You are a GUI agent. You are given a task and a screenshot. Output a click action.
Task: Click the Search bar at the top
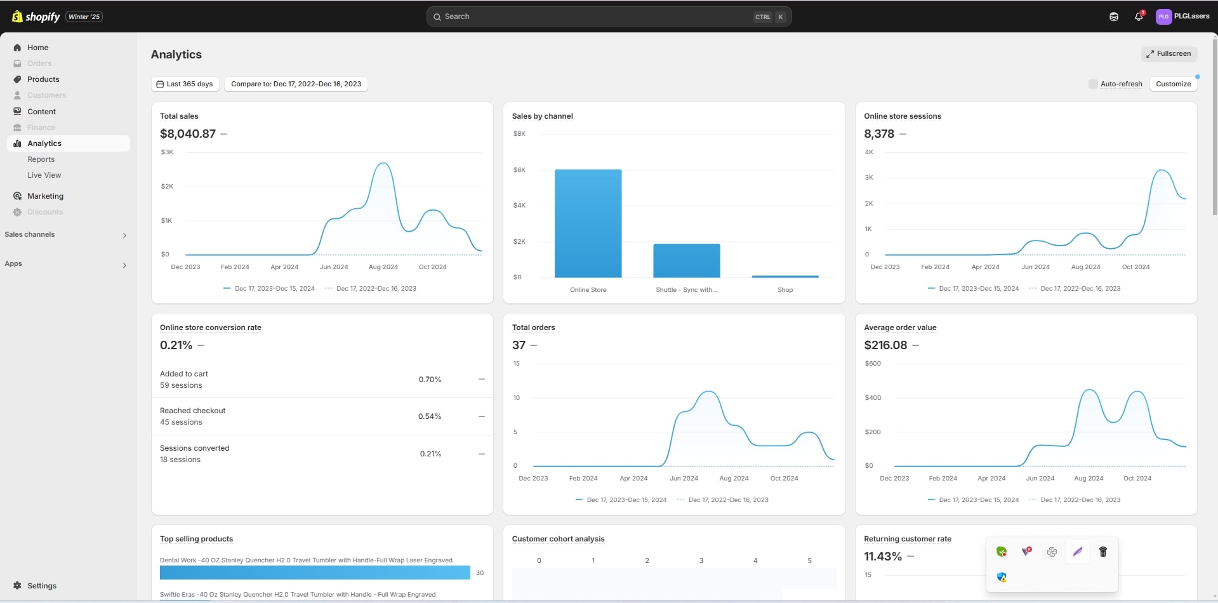pos(608,17)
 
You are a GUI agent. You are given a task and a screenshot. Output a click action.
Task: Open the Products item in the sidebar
pos(43,79)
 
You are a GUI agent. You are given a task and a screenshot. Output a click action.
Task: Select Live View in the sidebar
pos(44,175)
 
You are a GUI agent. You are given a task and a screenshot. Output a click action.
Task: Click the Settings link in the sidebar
pos(42,586)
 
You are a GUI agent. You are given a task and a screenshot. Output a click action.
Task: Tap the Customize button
pos(1173,84)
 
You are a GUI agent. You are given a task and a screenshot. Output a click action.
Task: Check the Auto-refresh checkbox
pos(1093,84)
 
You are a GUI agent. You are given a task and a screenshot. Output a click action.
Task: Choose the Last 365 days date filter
pos(185,84)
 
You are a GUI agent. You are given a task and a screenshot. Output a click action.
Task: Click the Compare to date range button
pos(296,84)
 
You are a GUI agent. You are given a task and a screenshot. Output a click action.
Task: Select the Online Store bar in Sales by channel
pos(588,223)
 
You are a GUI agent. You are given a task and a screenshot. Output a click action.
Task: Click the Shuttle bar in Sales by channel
pos(686,260)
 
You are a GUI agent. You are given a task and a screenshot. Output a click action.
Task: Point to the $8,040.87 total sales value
pos(188,134)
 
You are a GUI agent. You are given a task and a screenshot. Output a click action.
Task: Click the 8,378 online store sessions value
pos(879,134)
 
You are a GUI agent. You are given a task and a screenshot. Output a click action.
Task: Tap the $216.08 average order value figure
pos(885,345)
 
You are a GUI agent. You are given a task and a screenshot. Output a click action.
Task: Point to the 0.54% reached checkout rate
pos(430,416)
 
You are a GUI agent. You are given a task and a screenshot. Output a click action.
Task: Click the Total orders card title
pos(533,328)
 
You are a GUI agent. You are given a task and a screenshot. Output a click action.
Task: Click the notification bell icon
pos(1139,17)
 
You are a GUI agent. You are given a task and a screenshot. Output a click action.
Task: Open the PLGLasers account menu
pos(1182,17)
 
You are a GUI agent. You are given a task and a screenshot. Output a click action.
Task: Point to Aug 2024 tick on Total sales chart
pos(383,267)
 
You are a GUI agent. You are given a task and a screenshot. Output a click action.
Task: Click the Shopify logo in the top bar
pos(36,17)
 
